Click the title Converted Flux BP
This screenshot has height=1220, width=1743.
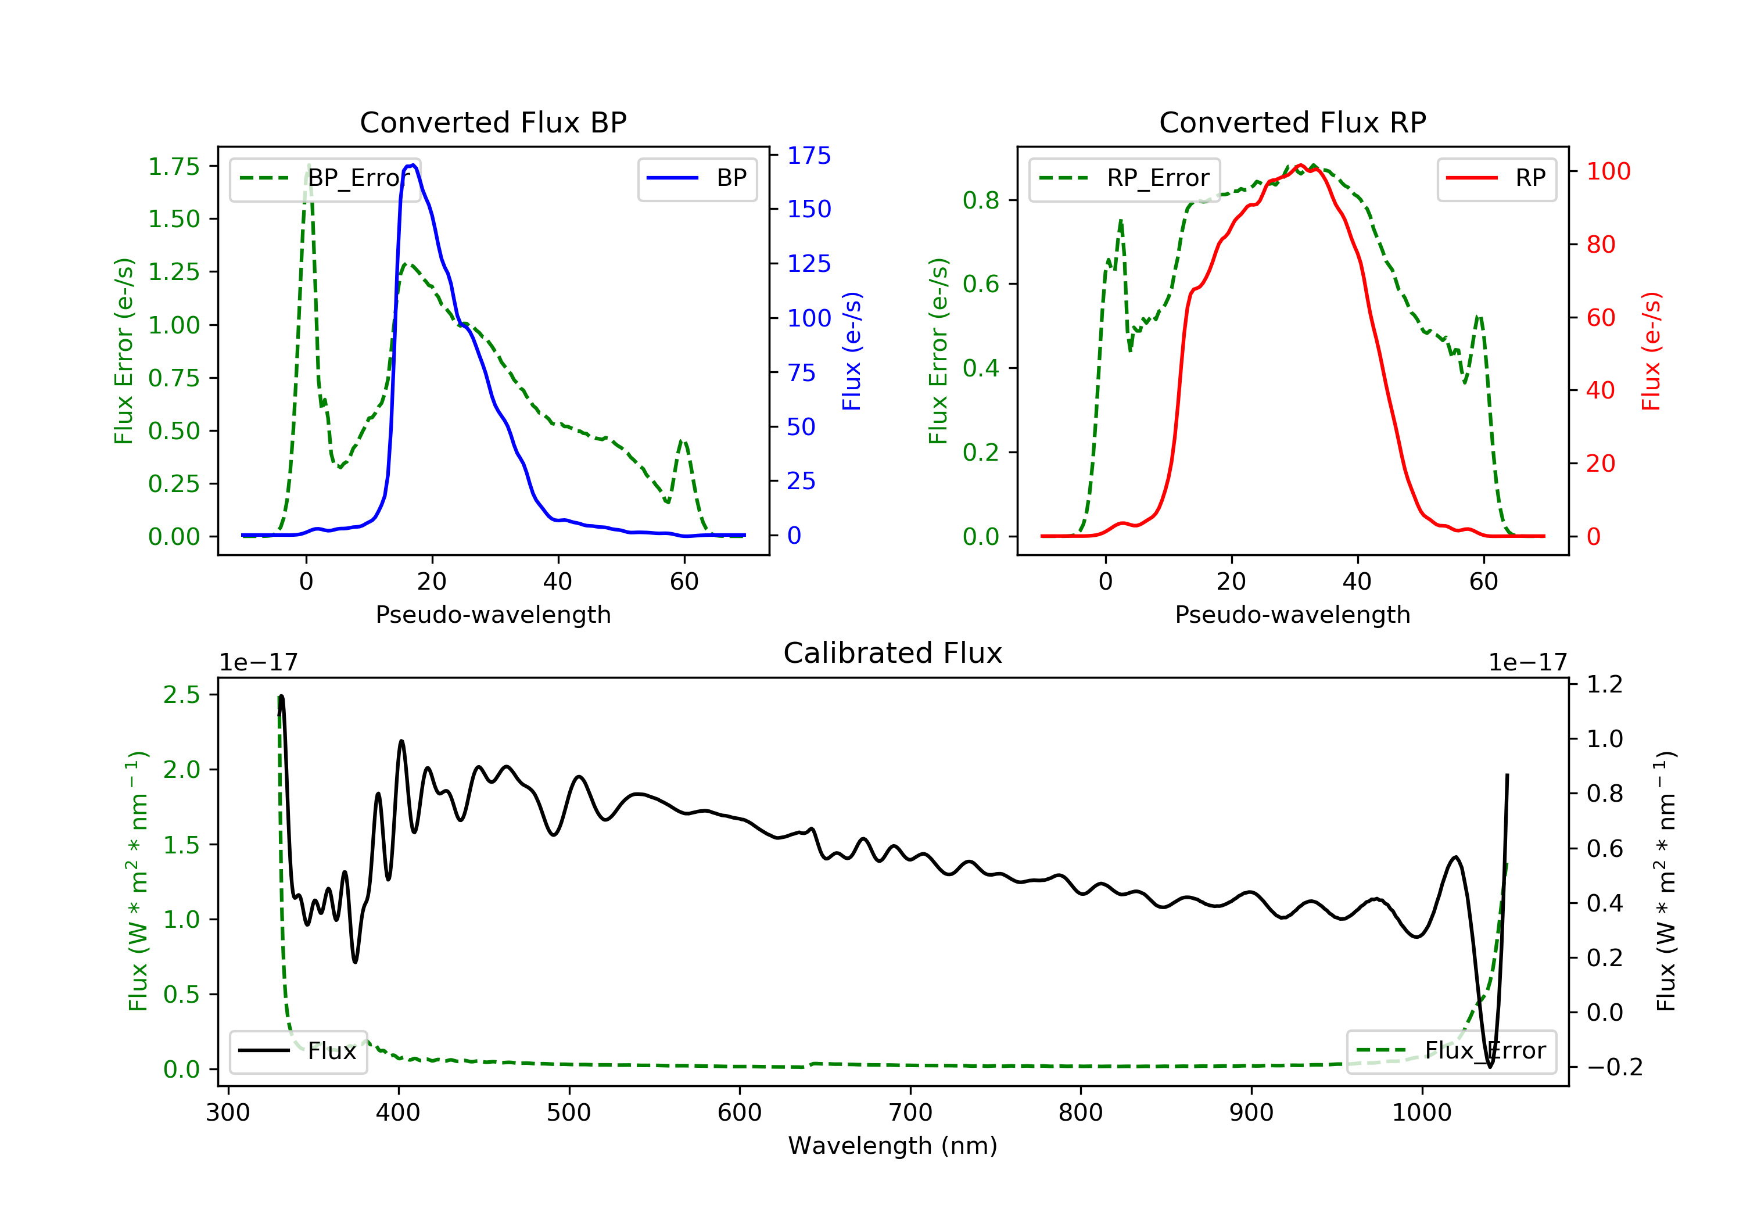point(493,122)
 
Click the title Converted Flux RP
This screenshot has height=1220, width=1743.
point(1292,122)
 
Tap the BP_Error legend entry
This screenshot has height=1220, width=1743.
point(325,178)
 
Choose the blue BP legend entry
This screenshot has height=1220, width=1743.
point(697,178)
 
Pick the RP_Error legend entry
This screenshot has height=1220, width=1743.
point(1124,178)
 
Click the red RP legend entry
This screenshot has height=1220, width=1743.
point(1496,178)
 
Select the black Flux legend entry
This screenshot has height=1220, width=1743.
point(297,1051)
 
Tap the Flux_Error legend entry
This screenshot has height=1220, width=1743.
point(1451,1051)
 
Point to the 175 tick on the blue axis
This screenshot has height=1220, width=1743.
point(809,156)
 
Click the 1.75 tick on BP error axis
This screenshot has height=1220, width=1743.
point(173,166)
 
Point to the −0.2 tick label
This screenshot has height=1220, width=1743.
point(1614,1067)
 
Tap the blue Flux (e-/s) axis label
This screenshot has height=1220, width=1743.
point(852,351)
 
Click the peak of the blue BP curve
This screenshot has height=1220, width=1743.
point(412,165)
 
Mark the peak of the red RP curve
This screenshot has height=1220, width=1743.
point(1300,166)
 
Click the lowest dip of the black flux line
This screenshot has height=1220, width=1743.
point(1490,1067)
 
